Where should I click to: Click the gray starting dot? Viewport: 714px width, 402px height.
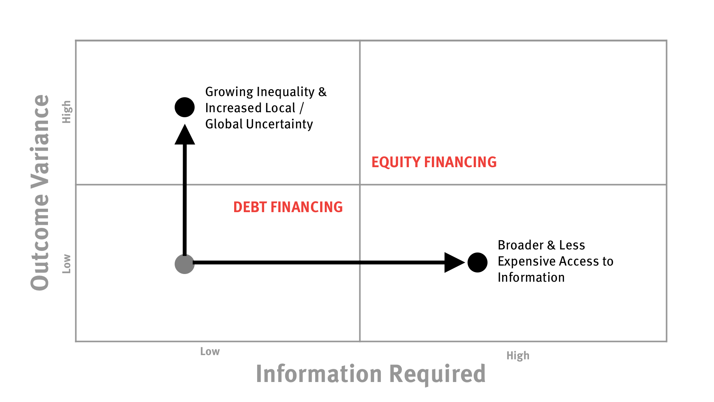185,264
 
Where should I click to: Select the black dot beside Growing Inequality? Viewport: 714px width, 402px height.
185,107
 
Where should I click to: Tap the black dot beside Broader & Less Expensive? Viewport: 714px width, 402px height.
478,262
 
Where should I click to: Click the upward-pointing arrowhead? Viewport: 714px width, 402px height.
185,135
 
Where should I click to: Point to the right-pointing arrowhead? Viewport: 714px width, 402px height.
455,262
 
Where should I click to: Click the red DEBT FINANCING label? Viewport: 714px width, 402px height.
288,207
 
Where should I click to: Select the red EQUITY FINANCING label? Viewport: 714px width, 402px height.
434,162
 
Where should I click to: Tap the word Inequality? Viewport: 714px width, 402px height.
286,92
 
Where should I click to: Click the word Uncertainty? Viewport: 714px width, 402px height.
279,124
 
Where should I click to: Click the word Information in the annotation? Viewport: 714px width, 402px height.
531,277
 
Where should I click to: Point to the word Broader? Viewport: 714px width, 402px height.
521,245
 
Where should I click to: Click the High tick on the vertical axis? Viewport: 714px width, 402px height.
67,112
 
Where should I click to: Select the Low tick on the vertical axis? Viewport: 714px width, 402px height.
67,264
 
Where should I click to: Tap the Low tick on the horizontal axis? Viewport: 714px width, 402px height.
210,351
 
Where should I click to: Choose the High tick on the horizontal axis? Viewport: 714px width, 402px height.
518,356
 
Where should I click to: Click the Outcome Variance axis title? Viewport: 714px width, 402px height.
40,192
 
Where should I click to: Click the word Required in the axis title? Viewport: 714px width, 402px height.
438,374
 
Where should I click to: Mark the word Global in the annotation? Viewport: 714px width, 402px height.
224,124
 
